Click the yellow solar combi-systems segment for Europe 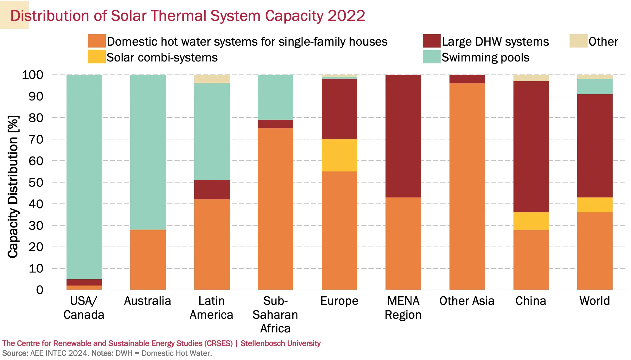tap(339, 155)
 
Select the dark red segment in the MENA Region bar tap(403, 136)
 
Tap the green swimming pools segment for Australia tap(148, 152)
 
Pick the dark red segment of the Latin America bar tap(212, 190)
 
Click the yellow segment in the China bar tap(531, 221)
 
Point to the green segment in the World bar tap(595, 87)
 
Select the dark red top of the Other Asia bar tap(467, 79)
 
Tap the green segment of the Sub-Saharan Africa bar tap(275, 97)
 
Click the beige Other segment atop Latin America tap(212, 79)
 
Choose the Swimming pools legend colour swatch tap(431, 57)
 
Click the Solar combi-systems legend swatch tap(97, 57)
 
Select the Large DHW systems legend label tap(495, 42)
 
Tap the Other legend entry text tap(603, 42)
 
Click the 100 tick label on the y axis tap(33, 75)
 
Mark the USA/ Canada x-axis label tap(84, 308)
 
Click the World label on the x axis tap(595, 301)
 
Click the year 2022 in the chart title tap(346, 16)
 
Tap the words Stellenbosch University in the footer tap(280, 343)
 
